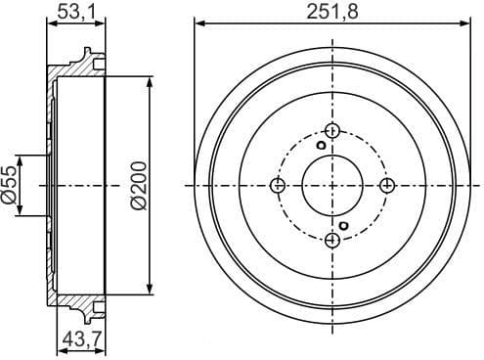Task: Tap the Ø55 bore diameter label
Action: [x=11, y=184]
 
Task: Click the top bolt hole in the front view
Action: [x=332, y=131]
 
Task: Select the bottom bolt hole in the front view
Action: [x=332, y=241]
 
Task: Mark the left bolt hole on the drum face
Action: [x=278, y=186]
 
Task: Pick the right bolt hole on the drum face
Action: [x=387, y=186]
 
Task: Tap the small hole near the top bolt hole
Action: [x=320, y=147]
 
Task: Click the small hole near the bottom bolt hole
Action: [x=345, y=226]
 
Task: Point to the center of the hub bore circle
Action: [x=332, y=186]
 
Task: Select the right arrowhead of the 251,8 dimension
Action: [x=465, y=23]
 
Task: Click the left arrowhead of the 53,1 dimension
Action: [x=50, y=23]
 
